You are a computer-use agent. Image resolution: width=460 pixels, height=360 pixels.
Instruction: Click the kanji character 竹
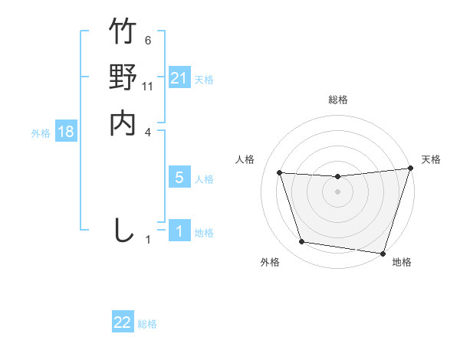click(x=123, y=31)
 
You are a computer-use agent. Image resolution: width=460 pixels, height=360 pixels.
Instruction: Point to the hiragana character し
click(x=123, y=230)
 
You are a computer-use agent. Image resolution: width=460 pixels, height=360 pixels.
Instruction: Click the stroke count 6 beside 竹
click(x=148, y=41)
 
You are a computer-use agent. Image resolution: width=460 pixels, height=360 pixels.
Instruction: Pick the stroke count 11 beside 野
click(x=149, y=87)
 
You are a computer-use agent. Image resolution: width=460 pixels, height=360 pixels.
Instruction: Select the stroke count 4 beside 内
click(x=149, y=132)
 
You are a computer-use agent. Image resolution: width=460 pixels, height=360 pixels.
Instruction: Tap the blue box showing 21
click(x=179, y=78)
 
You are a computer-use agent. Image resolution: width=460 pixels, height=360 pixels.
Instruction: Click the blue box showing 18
click(x=66, y=132)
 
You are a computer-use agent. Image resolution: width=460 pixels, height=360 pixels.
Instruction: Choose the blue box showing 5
click(x=179, y=178)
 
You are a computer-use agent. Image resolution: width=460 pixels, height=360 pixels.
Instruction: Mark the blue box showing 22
click(x=123, y=322)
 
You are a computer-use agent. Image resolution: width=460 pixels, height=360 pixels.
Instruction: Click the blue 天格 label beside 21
click(x=204, y=80)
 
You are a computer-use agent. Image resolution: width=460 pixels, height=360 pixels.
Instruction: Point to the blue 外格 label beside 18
click(x=41, y=133)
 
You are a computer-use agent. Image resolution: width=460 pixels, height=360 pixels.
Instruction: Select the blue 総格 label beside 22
click(x=147, y=324)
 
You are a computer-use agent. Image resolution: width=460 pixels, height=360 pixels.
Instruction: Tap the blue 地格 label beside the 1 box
click(x=204, y=233)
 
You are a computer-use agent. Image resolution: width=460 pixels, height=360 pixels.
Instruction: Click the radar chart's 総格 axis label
click(x=338, y=100)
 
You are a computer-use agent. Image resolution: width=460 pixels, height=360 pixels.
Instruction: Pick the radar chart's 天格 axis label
click(x=431, y=159)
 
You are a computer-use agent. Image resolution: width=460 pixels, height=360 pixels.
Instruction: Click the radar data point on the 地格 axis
click(x=383, y=253)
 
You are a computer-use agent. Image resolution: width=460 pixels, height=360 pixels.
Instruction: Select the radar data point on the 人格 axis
click(x=280, y=173)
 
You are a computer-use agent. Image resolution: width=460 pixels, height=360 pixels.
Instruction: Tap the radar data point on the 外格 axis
click(x=302, y=242)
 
